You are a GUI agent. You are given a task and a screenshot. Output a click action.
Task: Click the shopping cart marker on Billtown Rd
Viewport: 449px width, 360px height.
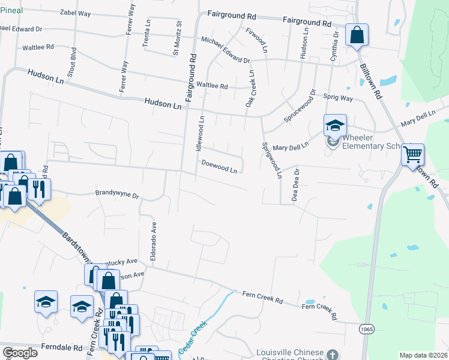coord(412,155)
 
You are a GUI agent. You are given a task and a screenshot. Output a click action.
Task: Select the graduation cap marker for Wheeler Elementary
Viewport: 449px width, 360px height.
coord(335,125)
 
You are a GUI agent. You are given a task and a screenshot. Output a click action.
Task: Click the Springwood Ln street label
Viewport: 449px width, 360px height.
coord(271,161)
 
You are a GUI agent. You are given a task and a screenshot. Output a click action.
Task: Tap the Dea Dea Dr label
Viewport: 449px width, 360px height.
coord(295,184)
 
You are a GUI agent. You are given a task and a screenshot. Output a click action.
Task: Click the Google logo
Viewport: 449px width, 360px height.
coord(20,352)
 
